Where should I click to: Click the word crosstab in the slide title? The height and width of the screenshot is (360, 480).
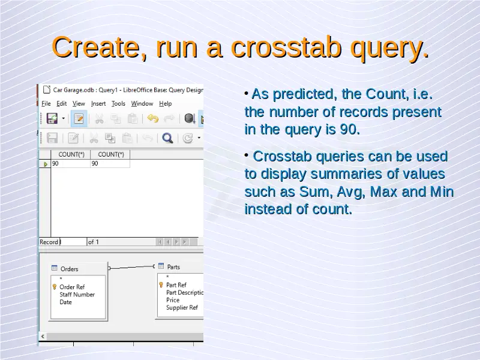click(286, 47)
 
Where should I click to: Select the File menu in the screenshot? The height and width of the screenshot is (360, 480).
click(46, 104)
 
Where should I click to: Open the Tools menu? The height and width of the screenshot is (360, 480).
click(118, 104)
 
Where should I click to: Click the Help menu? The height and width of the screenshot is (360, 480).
click(166, 104)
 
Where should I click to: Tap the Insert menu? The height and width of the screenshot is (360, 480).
click(98, 104)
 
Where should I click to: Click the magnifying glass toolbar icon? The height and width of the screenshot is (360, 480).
click(167, 138)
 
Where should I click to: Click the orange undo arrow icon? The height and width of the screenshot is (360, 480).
click(153, 118)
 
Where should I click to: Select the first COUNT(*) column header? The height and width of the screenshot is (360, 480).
click(71, 155)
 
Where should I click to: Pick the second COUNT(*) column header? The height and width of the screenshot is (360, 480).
click(111, 155)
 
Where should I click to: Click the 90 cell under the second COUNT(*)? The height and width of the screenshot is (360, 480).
click(95, 163)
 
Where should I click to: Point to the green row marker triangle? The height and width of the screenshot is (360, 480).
click(46, 164)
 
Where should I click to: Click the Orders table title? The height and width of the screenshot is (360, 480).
click(69, 269)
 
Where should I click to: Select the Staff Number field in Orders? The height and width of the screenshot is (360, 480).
click(77, 295)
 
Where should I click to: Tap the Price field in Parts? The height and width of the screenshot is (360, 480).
click(173, 300)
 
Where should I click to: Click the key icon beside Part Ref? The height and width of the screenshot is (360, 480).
click(161, 285)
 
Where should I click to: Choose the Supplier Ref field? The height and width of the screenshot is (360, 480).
click(182, 307)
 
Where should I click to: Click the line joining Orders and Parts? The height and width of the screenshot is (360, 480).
click(131, 267)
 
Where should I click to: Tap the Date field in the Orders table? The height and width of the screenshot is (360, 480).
click(65, 302)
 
